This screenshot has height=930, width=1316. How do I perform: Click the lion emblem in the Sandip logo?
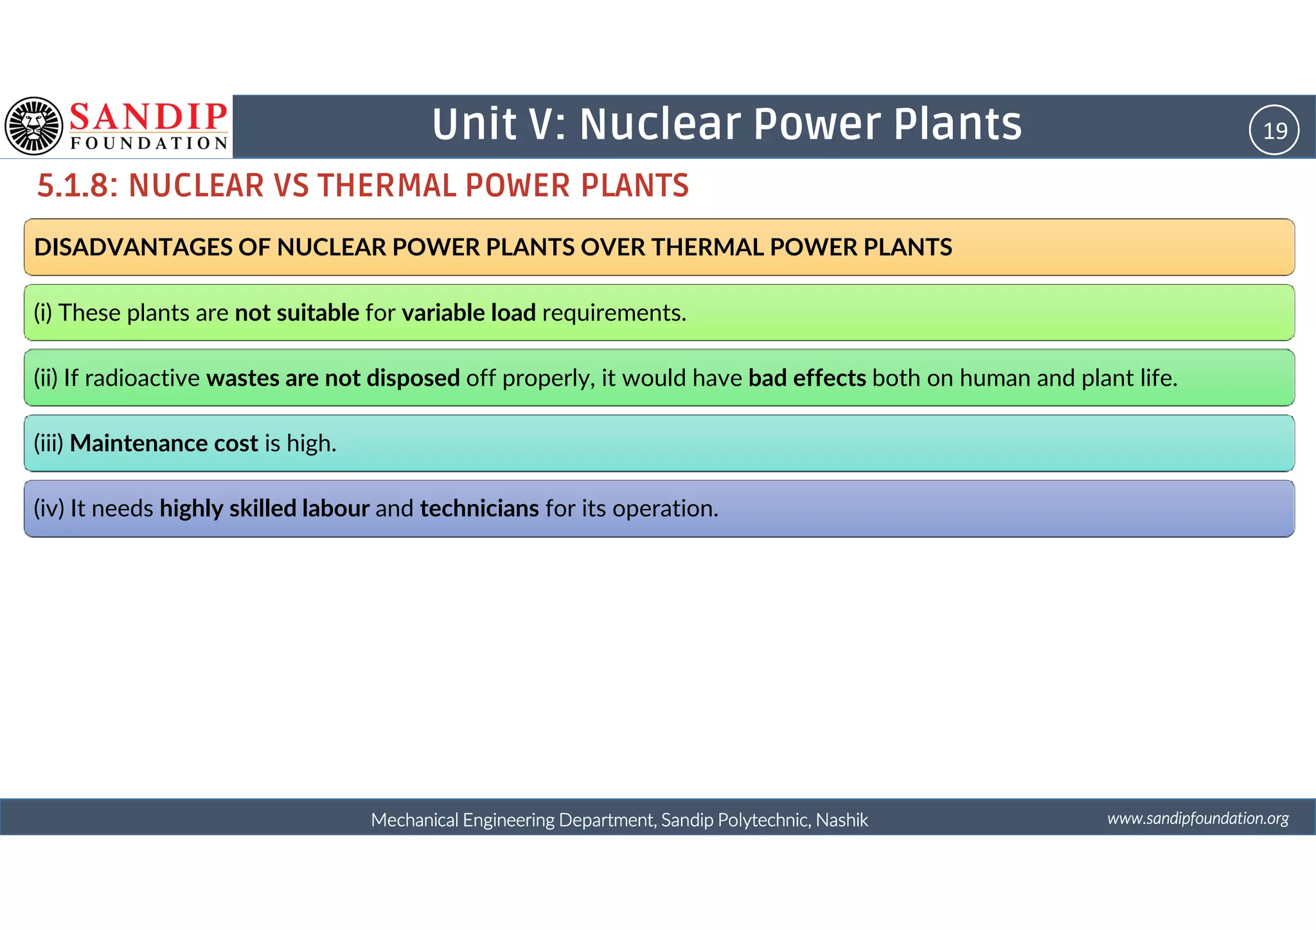[33, 126]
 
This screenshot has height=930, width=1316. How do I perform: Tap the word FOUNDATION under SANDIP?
[149, 143]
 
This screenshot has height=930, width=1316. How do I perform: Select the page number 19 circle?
[1274, 130]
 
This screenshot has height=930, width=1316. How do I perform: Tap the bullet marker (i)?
[43, 313]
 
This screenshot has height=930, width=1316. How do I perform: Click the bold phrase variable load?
[468, 313]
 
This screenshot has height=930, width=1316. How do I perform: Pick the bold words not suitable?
[297, 313]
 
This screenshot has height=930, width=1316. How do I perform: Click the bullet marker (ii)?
[46, 378]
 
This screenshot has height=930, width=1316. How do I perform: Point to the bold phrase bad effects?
[807, 378]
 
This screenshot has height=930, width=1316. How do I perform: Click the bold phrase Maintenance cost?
[164, 443]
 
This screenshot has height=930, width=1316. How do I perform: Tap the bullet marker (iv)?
[49, 508]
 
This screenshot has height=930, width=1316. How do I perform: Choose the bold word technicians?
[479, 508]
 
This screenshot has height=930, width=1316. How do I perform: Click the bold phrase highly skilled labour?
[264, 508]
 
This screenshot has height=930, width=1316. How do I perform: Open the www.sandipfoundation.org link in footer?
[1198, 818]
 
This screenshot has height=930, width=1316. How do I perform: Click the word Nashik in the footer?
[842, 820]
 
